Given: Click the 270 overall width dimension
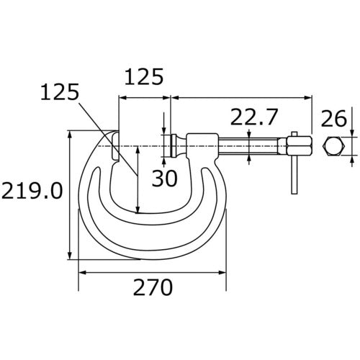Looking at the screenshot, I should tap(153, 288).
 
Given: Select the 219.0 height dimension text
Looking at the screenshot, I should tap(31, 192).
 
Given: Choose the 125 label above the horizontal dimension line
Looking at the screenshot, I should tap(144, 76).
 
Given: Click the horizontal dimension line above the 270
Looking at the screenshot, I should tap(153, 272).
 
